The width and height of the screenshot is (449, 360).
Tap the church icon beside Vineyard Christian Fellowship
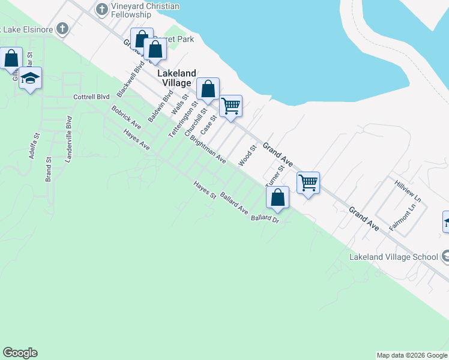click(101, 9)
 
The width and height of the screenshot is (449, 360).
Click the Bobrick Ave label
click(126, 117)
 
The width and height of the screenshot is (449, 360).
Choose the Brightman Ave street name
click(208, 149)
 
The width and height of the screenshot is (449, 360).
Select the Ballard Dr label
click(266, 219)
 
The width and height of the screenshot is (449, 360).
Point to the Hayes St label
click(204, 190)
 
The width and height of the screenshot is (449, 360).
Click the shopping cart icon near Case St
click(231, 106)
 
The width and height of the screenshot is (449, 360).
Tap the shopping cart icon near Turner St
click(308, 182)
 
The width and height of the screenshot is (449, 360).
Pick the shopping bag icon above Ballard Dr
click(278, 197)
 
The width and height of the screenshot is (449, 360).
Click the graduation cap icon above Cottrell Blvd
click(30, 78)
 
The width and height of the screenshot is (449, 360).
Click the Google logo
click(20, 353)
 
